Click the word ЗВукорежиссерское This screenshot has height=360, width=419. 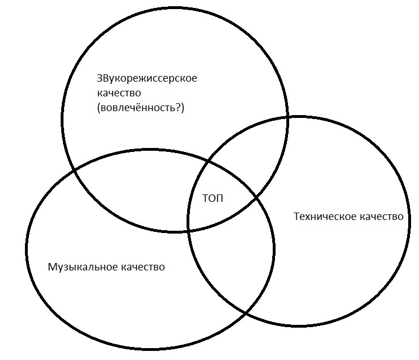click(147, 79)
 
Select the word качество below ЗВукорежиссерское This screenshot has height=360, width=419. click(119, 93)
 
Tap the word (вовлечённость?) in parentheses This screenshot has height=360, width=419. click(141, 108)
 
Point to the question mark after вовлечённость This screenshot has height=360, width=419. click(179, 108)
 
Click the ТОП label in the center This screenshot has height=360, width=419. click(213, 198)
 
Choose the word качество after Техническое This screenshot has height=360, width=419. click(381, 217)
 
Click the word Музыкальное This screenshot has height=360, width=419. click(83, 267)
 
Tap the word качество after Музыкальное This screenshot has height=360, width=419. click(143, 267)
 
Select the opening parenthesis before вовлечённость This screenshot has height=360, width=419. click(99, 108)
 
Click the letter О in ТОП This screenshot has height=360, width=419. click(212, 198)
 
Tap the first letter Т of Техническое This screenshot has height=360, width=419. click(297, 216)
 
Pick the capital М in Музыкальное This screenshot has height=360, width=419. click(52, 266)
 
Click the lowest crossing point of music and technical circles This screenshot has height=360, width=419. click(245, 312)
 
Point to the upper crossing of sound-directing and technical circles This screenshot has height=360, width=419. click(287, 117)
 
